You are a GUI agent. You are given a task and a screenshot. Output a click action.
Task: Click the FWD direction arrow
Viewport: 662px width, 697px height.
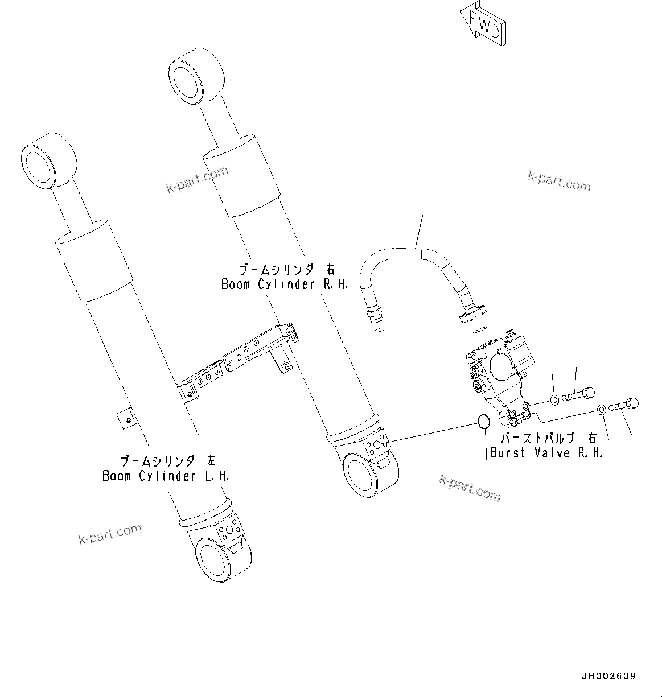point(484,23)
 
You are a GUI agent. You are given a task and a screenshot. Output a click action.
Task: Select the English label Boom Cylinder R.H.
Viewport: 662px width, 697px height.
point(285,284)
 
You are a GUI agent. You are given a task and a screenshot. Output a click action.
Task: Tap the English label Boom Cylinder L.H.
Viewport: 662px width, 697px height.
point(166,476)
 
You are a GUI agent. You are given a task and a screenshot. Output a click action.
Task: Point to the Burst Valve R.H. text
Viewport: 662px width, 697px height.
point(546,453)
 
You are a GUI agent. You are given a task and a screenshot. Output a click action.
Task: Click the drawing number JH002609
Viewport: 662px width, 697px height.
point(608,677)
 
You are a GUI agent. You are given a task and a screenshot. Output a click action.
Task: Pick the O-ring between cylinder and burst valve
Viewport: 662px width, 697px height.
point(483,422)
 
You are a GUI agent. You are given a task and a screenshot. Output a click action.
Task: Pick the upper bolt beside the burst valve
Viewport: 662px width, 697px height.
point(578,394)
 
